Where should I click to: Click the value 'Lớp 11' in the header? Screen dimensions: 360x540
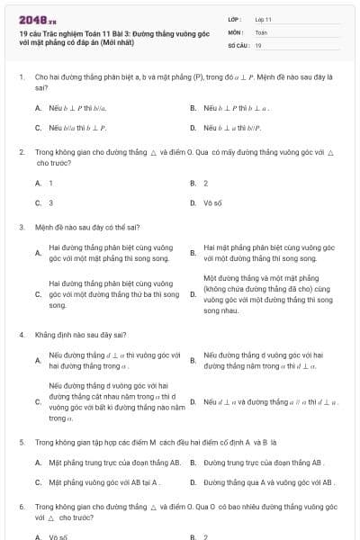click(x=263, y=18)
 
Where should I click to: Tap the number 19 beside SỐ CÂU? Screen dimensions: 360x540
click(x=258, y=44)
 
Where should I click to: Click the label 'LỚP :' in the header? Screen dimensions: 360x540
click(x=235, y=18)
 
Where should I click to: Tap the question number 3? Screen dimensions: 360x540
click(x=22, y=227)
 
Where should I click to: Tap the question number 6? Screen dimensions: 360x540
click(x=22, y=507)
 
